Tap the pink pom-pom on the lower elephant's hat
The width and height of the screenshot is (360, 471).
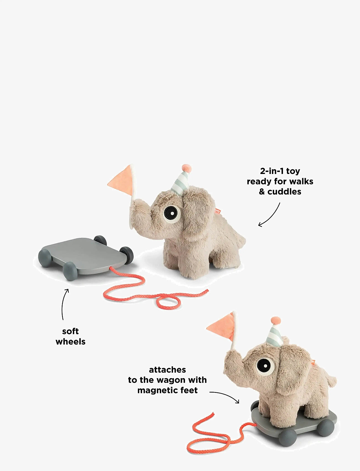[x=276, y=321]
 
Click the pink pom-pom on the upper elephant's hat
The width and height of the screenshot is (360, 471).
[x=187, y=168]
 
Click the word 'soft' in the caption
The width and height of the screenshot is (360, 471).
[x=70, y=331]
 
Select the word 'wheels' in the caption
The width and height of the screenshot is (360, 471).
[x=70, y=342]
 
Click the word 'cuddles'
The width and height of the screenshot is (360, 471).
[x=284, y=192]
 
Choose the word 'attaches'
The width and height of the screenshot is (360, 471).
[x=167, y=370]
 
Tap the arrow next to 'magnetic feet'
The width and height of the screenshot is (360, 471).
[x=225, y=396]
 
